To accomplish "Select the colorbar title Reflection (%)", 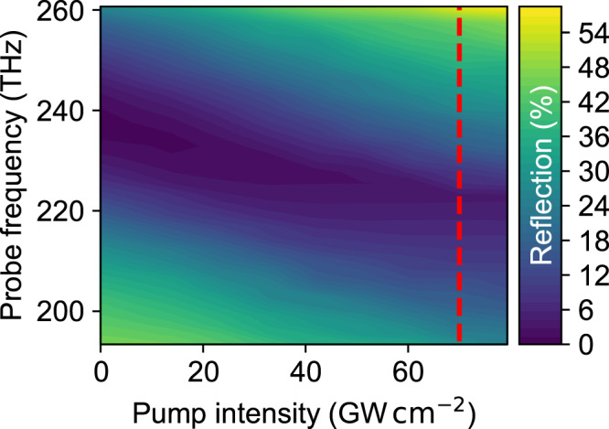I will tap(546, 174).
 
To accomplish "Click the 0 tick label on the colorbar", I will tap(580, 343).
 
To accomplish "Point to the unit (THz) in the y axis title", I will tap(19, 70).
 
